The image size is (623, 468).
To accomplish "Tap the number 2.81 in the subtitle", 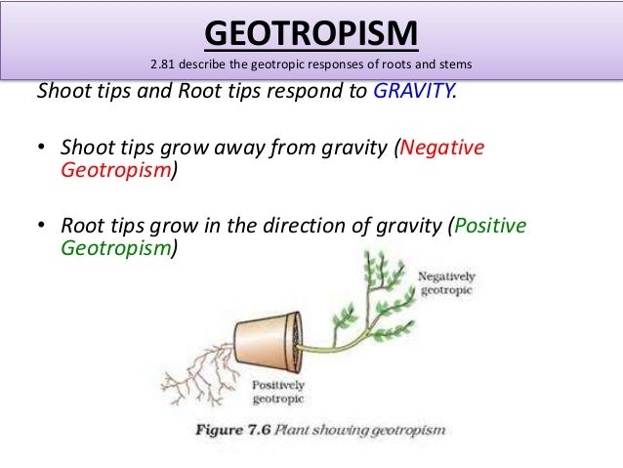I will pyautogui.click(x=164, y=66).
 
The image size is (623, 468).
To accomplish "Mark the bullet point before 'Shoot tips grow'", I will pyautogui.click(x=42, y=149).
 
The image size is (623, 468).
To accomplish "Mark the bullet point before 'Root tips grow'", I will pyautogui.click(x=42, y=227).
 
